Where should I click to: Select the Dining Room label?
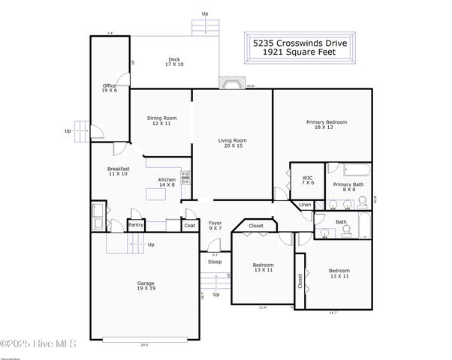pos(161,121)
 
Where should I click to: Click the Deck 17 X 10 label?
pos(174,61)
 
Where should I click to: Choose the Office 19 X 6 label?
pos(110,88)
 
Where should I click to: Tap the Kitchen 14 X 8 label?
pos(167,181)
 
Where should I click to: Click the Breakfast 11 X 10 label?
pos(119,171)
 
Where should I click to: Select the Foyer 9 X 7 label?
pos(215,225)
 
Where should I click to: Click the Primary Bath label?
pos(348,187)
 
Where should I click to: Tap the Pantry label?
pos(136,224)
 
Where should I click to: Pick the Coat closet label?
pos(190,224)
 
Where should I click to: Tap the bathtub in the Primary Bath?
pos(349,169)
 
